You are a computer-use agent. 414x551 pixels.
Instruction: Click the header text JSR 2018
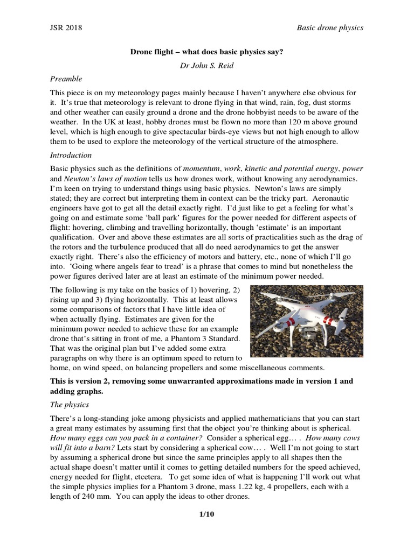point(66,27)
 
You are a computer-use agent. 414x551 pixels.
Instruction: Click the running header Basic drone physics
point(330,27)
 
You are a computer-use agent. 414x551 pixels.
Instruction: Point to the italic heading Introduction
point(71,155)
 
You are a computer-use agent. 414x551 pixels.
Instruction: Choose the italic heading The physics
point(70,404)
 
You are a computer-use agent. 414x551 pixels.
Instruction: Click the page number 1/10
point(207,514)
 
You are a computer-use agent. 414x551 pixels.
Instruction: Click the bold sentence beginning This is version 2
point(201,381)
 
